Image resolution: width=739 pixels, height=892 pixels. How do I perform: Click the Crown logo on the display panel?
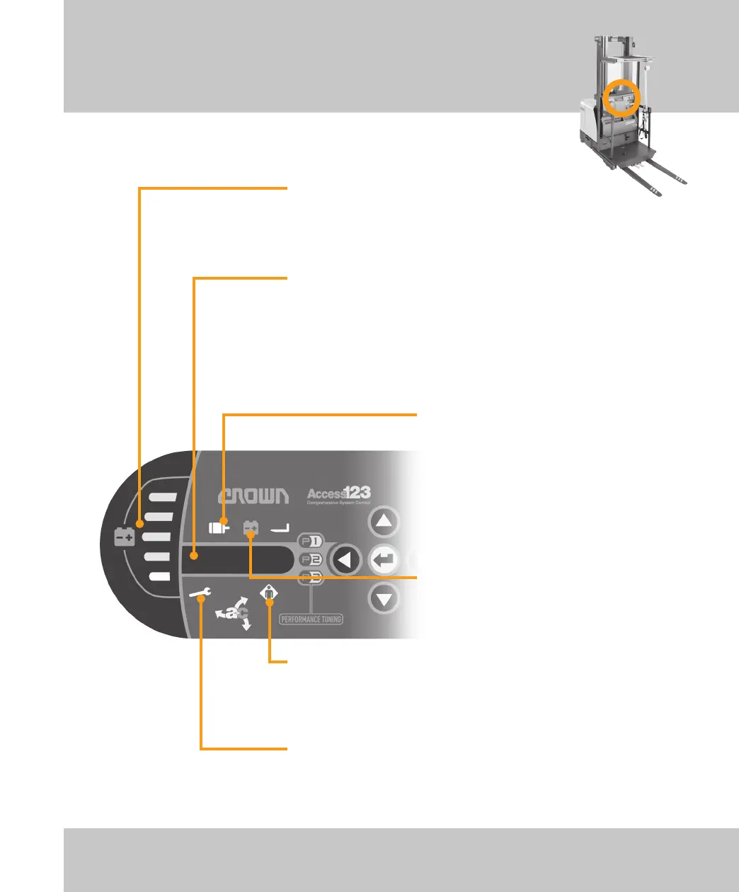point(253,496)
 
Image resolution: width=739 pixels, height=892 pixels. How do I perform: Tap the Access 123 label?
point(338,495)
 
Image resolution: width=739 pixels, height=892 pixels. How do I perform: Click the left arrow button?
point(346,560)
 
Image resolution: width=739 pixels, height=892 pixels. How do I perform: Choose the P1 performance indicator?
point(310,542)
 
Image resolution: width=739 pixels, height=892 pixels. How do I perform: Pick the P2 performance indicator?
point(310,560)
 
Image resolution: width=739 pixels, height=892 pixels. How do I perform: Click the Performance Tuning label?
point(311,619)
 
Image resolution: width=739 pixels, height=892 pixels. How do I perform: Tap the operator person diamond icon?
point(269,593)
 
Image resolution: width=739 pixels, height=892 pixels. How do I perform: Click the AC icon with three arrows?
point(235,613)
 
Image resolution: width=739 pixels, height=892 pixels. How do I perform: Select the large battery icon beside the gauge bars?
point(124,538)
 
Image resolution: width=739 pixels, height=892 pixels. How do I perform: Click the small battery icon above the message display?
point(251,527)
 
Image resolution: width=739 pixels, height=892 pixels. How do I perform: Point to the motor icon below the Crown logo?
point(219,527)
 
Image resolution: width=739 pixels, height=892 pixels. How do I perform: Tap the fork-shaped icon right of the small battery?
point(280,527)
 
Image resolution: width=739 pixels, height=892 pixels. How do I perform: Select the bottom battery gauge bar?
point(159,576)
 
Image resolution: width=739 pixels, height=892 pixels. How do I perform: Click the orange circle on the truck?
point(623,98)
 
